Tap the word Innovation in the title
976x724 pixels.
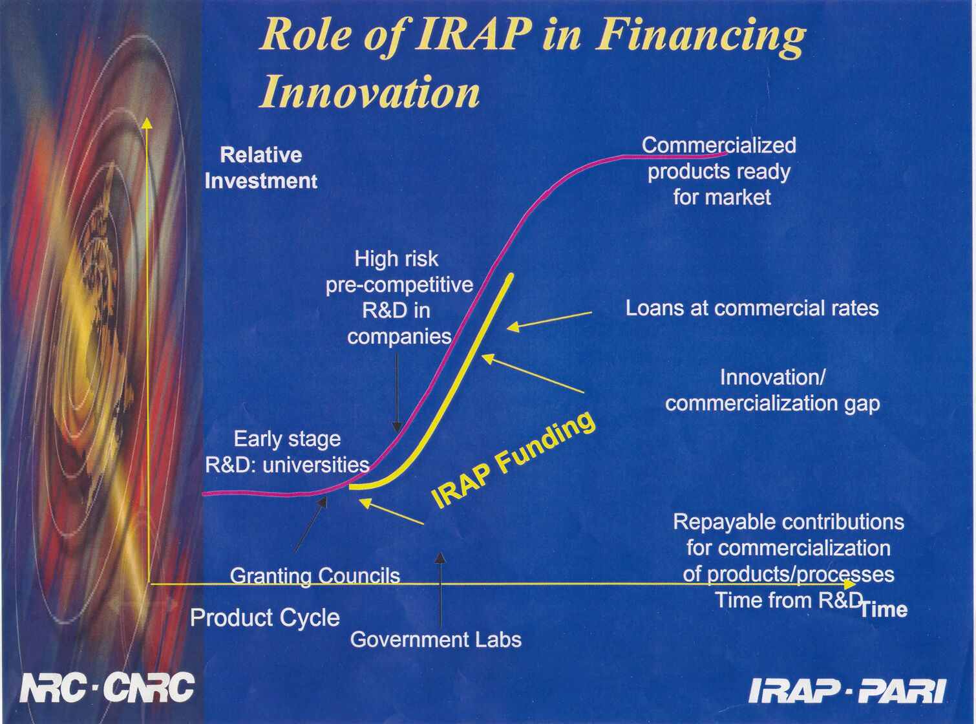click(370, 92)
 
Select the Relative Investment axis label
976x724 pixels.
click(261, 168)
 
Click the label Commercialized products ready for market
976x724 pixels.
click(719, 171)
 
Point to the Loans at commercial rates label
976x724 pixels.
click(752, 308)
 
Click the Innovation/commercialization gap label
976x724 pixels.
click(772, 391)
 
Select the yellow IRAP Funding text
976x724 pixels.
click(513, 460)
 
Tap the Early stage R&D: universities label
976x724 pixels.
click(288, 452)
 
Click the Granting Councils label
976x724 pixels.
click(315, 576)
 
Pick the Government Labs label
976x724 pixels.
click(436, 639)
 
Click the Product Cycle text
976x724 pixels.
click(265, 618)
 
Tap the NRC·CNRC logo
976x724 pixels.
click(107, 687)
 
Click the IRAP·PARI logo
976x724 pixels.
click(847, 690)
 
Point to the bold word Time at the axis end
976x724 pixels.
click(884, 610)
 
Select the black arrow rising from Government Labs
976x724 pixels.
click(440, 590)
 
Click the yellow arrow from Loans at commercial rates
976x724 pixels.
click(549, 321)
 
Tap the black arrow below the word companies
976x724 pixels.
click(397, 393)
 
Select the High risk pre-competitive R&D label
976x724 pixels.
click(399, 297)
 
